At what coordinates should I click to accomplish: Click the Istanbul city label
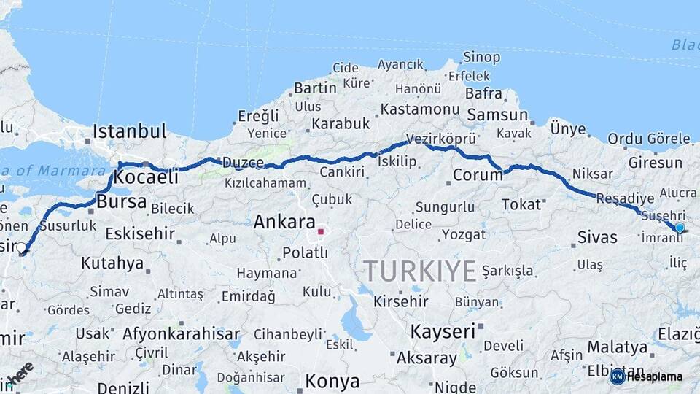[x=129, y=132]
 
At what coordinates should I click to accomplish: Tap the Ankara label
[x=284, y=223]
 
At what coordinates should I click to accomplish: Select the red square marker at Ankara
[x=320, y=232]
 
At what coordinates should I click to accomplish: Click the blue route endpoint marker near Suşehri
[x=680, y=228]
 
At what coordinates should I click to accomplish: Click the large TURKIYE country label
[x=421, y=271]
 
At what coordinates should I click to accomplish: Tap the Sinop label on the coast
[x=482, y=57]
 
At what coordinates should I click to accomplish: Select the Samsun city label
[x=497, y=115]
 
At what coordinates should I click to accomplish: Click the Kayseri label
[x=443, y=331]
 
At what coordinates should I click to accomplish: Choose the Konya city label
[x=332, y=381]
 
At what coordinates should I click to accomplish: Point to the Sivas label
[x=597, y=237]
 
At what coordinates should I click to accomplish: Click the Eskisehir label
[x=140, y=234]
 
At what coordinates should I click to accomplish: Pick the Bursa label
[x=122, y=201]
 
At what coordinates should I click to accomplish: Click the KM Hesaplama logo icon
[x=618, y=376]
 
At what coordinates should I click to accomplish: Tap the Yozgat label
[x=464, y=235]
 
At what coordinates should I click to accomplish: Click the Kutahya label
[x=112, y=263]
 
